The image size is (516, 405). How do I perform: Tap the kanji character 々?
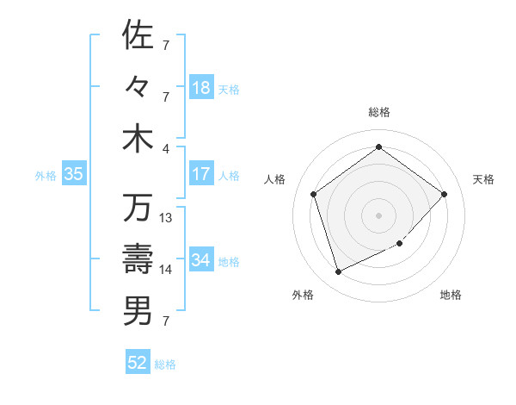(x=138, y=87)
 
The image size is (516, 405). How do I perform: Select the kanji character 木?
(x=138, y=139)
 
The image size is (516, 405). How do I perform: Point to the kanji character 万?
(x=138, y=208)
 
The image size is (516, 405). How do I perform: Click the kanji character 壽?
(x=138, y=259)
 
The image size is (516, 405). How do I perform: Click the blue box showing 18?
(x=201, y=88)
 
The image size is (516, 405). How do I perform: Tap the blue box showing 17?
(x=201, y=174)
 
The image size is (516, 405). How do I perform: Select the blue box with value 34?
(x=201, y=260)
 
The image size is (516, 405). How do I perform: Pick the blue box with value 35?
(x=74, y=174)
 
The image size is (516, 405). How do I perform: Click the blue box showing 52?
(x=138, y=364)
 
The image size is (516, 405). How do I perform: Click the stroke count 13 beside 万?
(x=167, y=218)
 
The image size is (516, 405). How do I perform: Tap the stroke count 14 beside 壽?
(x=167, y=270)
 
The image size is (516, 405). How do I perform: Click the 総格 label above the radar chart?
(x=378, y=112)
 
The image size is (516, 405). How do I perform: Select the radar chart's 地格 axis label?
(x=451, y=295)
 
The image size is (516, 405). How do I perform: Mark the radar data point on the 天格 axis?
(x=444, y=194)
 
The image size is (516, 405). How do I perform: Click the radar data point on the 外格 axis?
(x=338, y=271)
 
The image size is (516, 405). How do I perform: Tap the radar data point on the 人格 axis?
(x=313, y=194)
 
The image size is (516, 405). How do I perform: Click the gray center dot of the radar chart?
(x=378, y=215)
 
